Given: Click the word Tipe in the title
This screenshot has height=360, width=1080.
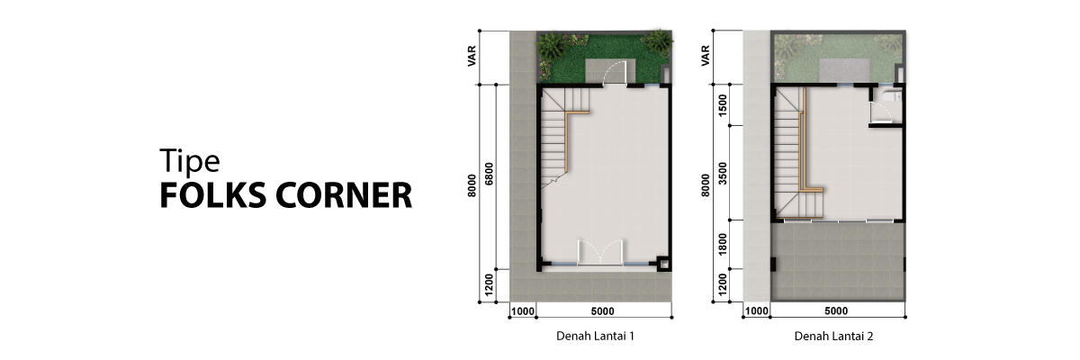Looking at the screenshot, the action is tap(190, 161).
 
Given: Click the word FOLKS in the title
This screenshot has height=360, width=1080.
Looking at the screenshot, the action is tap(213, 195).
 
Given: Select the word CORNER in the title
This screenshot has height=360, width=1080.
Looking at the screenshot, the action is tap(344, 195).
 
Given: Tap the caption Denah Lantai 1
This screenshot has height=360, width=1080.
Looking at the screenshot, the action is tap(595, 336).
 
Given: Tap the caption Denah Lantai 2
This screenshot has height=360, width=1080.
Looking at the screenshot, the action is tap(833, 336).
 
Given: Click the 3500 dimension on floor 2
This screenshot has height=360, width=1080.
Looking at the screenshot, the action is tap(722, 174).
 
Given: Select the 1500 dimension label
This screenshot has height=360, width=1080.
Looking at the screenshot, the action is tap(722, 105).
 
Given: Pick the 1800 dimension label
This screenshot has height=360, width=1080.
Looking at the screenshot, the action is tap(722, 245).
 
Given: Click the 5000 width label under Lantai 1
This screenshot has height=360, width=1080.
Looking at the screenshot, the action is tap(603, 311).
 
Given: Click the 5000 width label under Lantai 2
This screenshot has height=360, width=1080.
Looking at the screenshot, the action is tap(836, 310).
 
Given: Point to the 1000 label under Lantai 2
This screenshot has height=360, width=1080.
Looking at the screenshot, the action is tap(757, 310).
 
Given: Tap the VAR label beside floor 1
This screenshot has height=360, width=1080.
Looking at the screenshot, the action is tap(472, 56).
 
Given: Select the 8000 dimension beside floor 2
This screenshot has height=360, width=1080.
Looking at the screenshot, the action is tap(706, 185).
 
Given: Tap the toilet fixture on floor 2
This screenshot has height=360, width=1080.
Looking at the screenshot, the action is tap(892, 96).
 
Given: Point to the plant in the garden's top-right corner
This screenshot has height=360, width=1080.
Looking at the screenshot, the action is tap(658, 40).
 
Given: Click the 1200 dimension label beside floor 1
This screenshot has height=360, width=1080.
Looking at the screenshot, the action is tap(489, 285).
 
